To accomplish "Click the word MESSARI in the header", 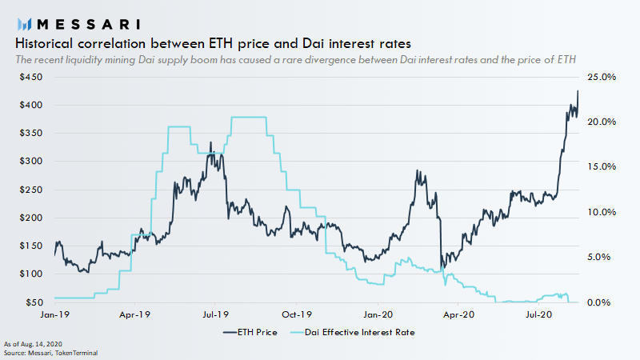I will [87, 23].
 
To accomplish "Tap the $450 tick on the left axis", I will [31, 78].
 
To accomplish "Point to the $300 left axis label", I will [31, 162].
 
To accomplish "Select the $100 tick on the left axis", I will [31, 274].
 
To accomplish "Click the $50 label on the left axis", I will [34, 302].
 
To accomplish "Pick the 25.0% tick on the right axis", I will [601, 78].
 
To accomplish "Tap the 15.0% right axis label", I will [601, 167].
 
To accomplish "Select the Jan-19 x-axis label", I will [54, 315].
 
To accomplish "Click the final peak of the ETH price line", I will [578, 90].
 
